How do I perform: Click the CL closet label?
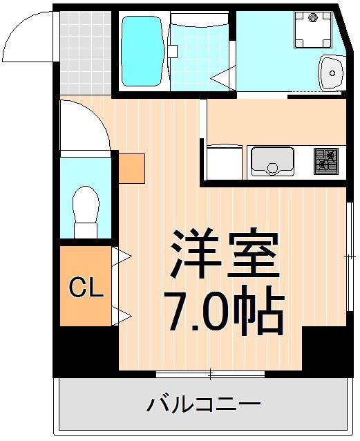86,287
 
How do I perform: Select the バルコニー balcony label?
203,404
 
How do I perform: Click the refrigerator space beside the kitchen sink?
222,161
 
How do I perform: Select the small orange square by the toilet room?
131,167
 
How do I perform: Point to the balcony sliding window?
210,374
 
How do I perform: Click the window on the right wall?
350,256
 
